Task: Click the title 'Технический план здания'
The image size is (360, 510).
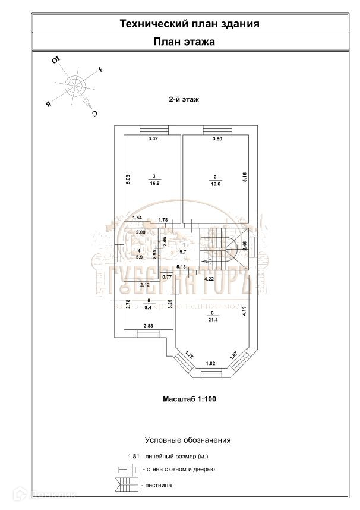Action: (x=190, y=24)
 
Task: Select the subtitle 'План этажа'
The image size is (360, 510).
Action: (x=184, y=42)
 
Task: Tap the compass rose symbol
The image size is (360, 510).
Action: (x=75, y=86)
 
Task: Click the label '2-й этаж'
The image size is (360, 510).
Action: (x=184, y=100)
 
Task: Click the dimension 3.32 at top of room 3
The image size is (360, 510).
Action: (x=153, y=140)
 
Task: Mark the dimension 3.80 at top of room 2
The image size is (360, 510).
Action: (x=218, y=140)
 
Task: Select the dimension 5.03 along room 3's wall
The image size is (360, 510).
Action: (x=128, y=180)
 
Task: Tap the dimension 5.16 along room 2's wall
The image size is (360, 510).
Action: (x=244, y=177)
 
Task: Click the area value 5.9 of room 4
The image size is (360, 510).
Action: (x=138, y=257)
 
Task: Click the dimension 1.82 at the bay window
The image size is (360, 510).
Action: (x=210, y=363)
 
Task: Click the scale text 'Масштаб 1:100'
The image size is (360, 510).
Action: (x=190, y=399)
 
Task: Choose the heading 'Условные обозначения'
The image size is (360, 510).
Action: (x=188, y=440)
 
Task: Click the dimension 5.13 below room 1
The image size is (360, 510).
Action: (x=182, y=267)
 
